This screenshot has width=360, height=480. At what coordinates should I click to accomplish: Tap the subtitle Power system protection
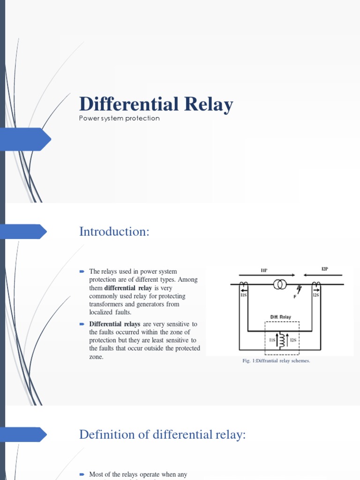[120, 119]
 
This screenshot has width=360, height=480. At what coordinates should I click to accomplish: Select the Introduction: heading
[114, 232]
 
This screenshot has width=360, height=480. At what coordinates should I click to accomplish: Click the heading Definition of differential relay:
[162, 434]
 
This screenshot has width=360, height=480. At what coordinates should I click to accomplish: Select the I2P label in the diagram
[324, 269]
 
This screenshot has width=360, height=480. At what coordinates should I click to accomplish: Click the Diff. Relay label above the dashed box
[280, 317]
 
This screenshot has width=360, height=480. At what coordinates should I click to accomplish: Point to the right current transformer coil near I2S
[317, 285]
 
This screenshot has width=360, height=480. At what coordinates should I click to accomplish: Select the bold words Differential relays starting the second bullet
[115, 324]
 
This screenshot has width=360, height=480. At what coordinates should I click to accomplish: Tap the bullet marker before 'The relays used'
[82, 271]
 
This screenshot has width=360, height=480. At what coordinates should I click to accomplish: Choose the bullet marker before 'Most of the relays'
[82, 474]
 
